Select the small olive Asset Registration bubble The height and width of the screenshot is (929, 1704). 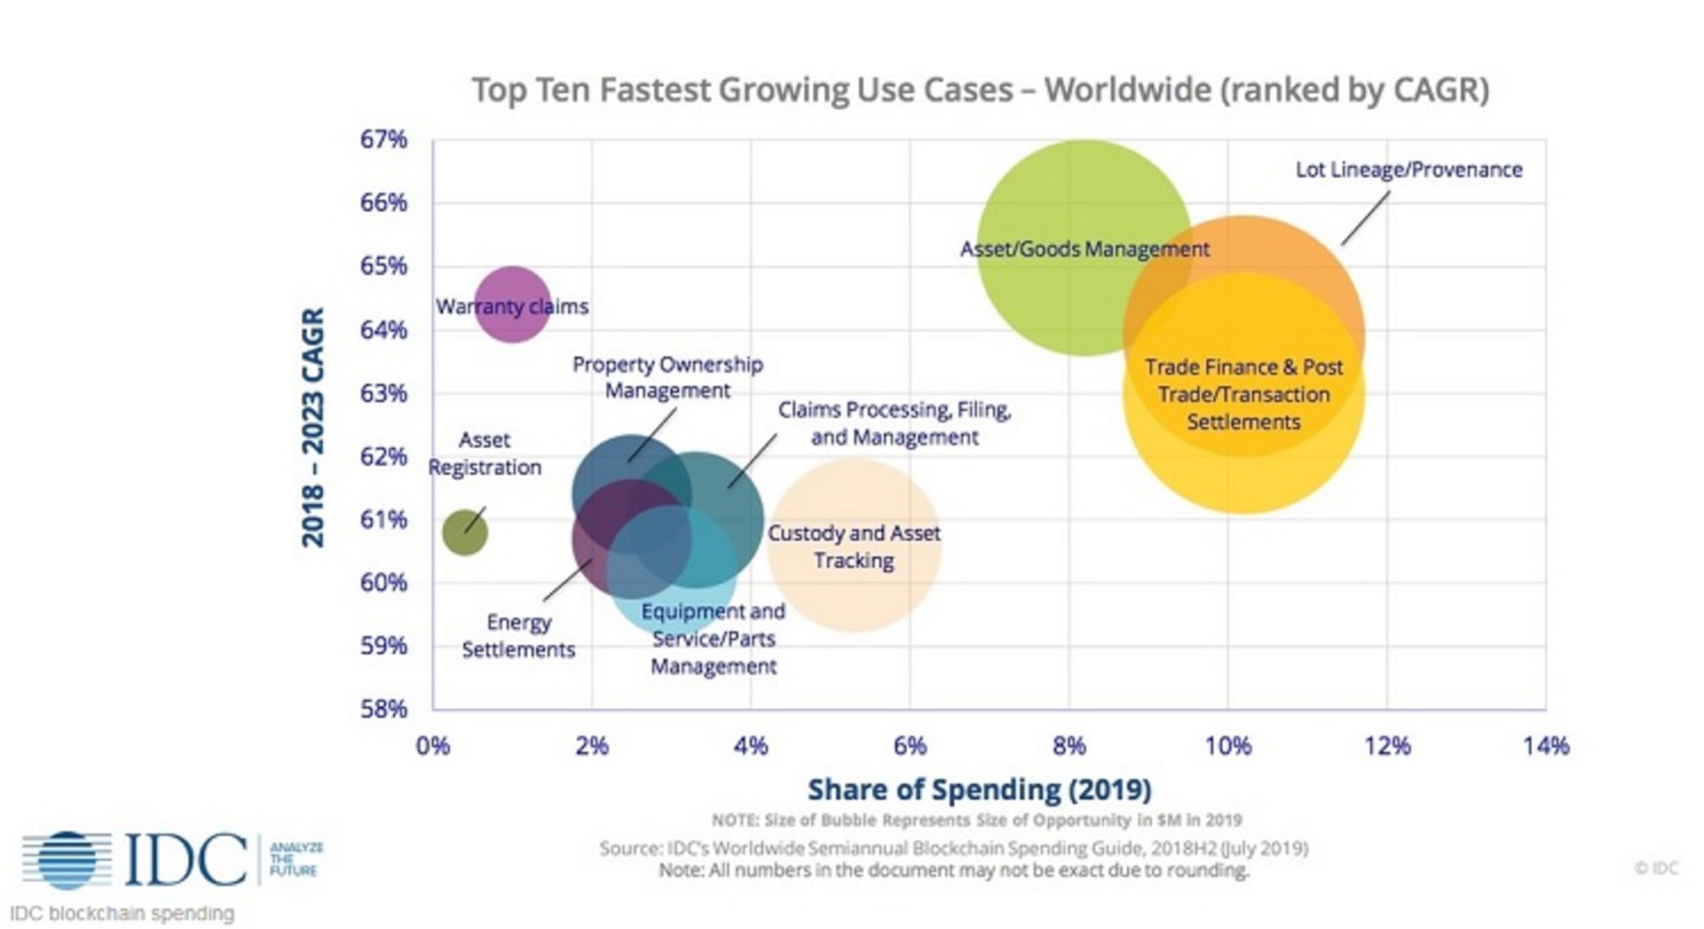tap(464, 532)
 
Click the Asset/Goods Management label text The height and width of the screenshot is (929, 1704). tap(1084, 249)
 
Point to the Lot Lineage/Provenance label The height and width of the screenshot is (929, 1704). tap(1408, 169)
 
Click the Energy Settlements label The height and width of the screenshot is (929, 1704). tap(518, 636)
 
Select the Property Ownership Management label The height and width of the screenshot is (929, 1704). tap(667, 377)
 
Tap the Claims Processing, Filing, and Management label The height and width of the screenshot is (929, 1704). tap(895, 423)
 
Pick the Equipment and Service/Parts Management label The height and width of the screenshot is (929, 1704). tap(714, 639)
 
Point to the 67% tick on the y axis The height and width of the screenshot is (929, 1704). tap(383, 139)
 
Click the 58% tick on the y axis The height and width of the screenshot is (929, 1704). tap(383, 709)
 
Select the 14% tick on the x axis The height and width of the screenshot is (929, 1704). tap(1546, 746)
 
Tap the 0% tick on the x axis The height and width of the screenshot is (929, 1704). tap(433, 746)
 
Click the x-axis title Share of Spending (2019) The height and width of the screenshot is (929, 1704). tap(979, 789)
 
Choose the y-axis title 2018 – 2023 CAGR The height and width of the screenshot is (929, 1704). tap(313, 427)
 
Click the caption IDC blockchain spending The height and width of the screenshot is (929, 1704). tap(122, 913)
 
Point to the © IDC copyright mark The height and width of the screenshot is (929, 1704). tap(1655, 868)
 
